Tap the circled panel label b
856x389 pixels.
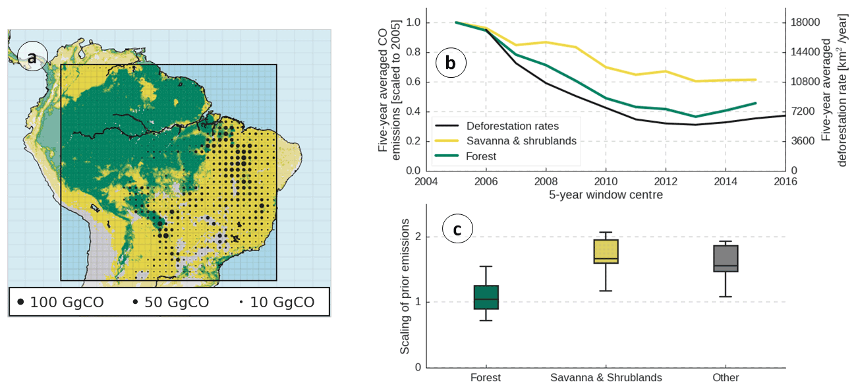click(x=451, y=63)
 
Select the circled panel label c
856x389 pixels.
click(x=456, y=229)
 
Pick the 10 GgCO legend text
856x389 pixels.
click(x=282, y=302)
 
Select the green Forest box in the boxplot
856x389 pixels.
click(x=486, y=297)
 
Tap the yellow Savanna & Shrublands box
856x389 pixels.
click(x=606, y=251)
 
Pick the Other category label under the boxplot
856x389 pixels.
click(x=726, y=378)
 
